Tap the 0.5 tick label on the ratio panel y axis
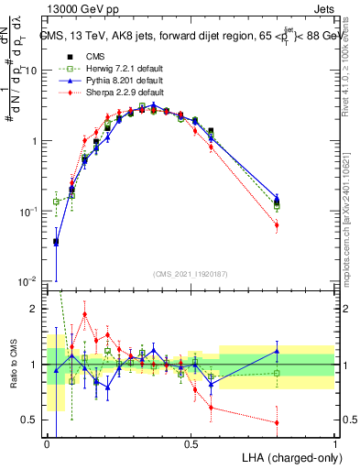click(x=33, y=420)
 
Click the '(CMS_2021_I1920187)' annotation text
click(x=191, y=273)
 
